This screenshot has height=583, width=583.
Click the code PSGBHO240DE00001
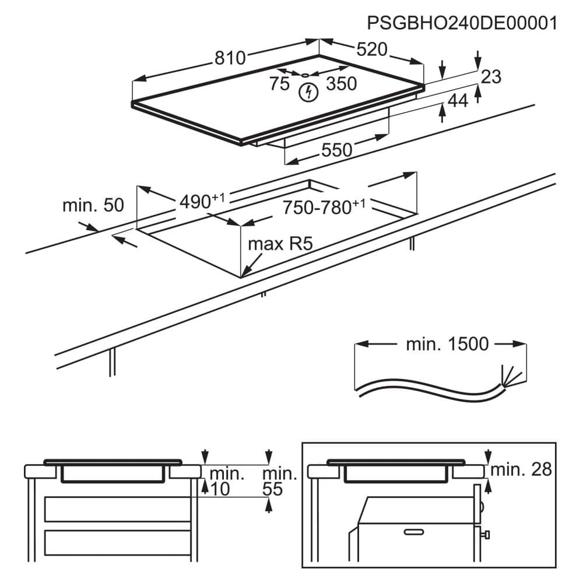[462, 23]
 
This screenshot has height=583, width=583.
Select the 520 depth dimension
[372, 50]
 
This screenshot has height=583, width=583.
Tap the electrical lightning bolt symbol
[308, 92]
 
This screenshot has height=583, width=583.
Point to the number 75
[279, 84]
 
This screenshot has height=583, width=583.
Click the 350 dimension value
[341, 84]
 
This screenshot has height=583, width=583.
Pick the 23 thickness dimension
[491, 76]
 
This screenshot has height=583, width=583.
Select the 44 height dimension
[458, 101]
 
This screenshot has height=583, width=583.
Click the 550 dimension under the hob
[337, 150]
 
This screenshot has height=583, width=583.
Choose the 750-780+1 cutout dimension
[324, 206]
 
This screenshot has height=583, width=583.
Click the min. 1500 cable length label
[447, 344]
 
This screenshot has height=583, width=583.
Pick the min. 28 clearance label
[521, 469]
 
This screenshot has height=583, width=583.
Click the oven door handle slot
[413, 532]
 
